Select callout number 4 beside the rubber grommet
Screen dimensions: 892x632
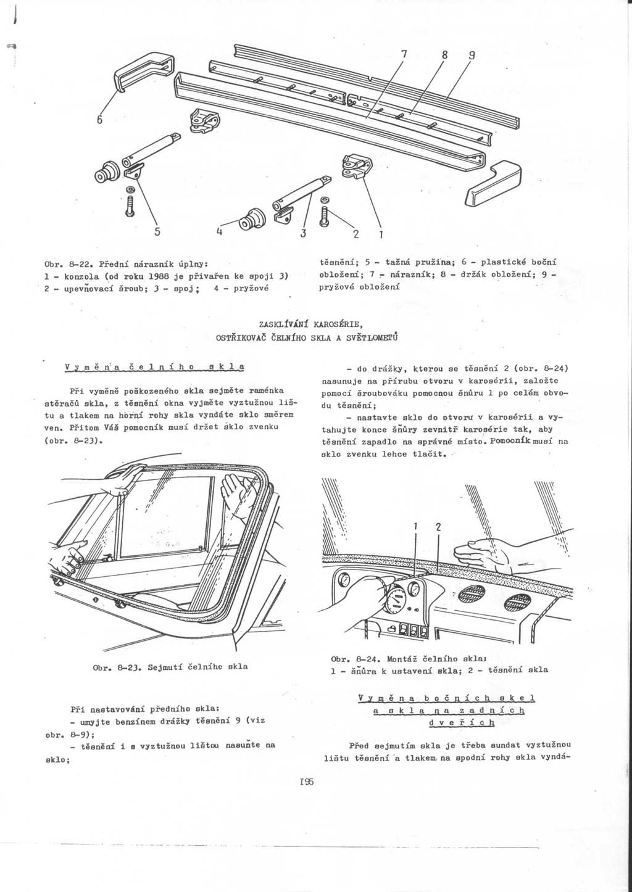coord(219,231)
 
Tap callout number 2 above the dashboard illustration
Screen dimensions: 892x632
coord(438,527)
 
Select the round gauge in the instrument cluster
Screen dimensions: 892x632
coord(394,599)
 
